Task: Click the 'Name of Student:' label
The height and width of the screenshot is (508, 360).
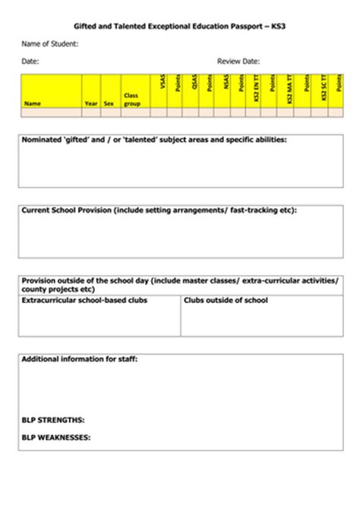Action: (x=50, y=43)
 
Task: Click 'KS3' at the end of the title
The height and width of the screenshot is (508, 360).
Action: (x=280, y=26)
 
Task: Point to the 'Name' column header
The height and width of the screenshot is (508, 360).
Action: (x=33, y=103)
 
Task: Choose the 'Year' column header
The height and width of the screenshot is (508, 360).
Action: (x=91, y=103)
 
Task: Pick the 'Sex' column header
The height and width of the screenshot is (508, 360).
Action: (x=109, y=103)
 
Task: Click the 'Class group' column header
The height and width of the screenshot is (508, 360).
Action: (x=132, y=99)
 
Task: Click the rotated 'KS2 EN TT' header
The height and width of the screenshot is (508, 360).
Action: (x=257, y=89)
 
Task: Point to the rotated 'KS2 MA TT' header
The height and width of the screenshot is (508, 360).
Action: (x=289, y=89)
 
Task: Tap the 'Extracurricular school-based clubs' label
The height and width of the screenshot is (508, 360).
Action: (x=84, y=301)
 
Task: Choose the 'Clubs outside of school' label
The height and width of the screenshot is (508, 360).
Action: (x=226, y=301)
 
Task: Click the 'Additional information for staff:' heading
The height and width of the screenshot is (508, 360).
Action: (x=79, y=358)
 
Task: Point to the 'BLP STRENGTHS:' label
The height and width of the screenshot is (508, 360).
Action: (x=53, y=419)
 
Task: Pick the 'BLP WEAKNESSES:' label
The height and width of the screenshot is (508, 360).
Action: (x=56, y=437)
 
